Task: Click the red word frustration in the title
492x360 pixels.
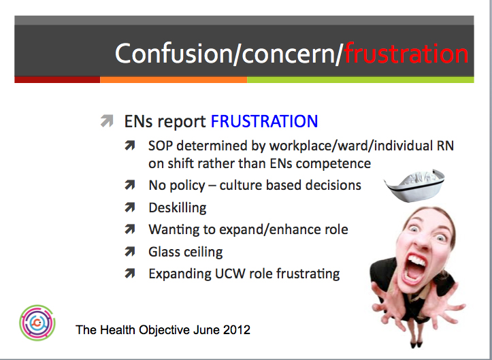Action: click(406, 53)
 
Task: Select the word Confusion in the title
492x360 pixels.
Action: click(174, 53)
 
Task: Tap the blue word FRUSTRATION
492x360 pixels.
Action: click(264, 122)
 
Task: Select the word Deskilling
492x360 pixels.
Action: click(178, 207)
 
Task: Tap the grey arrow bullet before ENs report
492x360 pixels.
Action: click(107, 121)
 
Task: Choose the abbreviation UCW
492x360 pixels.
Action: click(235, 274)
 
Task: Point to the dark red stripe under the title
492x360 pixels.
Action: click(57, 80)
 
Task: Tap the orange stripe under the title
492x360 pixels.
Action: click(173, 80)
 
